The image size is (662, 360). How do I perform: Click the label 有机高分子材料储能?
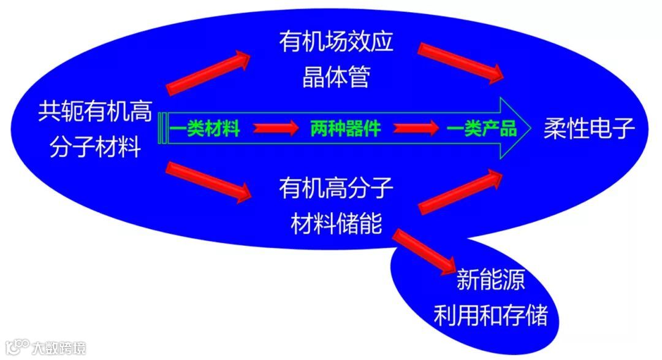335,205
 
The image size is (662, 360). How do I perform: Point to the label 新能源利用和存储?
490,300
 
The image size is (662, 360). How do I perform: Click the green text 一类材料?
205,129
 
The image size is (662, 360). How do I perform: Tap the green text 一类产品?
482,129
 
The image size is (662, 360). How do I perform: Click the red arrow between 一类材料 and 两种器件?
275,129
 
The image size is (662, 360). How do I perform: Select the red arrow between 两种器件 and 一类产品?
416,129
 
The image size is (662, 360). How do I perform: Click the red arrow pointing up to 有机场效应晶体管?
208,72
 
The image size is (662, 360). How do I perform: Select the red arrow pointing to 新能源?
424,250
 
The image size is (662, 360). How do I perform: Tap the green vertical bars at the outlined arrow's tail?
162,129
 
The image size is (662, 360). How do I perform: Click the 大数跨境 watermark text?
59,348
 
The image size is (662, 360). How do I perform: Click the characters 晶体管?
335,79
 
